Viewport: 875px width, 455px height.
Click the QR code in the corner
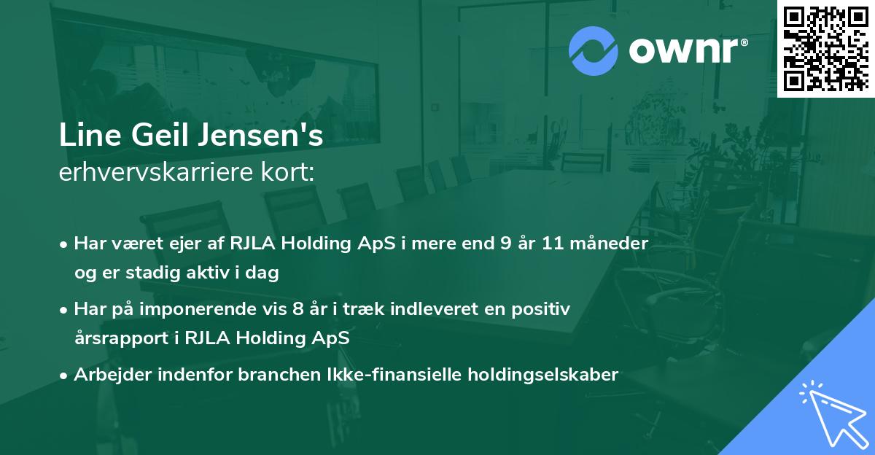coord(826,49)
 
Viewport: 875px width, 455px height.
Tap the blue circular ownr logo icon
coord(593,51)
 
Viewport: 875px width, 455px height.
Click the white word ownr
coord(684,51)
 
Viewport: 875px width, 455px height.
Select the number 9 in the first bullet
coord(506,244)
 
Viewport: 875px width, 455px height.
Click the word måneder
coord(610,244)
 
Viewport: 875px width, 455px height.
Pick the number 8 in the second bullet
coord(297,309)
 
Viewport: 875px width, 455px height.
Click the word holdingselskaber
coord(543,375)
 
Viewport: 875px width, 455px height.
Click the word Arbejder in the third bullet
coord(112,375)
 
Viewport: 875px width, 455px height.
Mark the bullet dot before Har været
coord(63,245)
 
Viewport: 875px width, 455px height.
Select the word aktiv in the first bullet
coord(207,272)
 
